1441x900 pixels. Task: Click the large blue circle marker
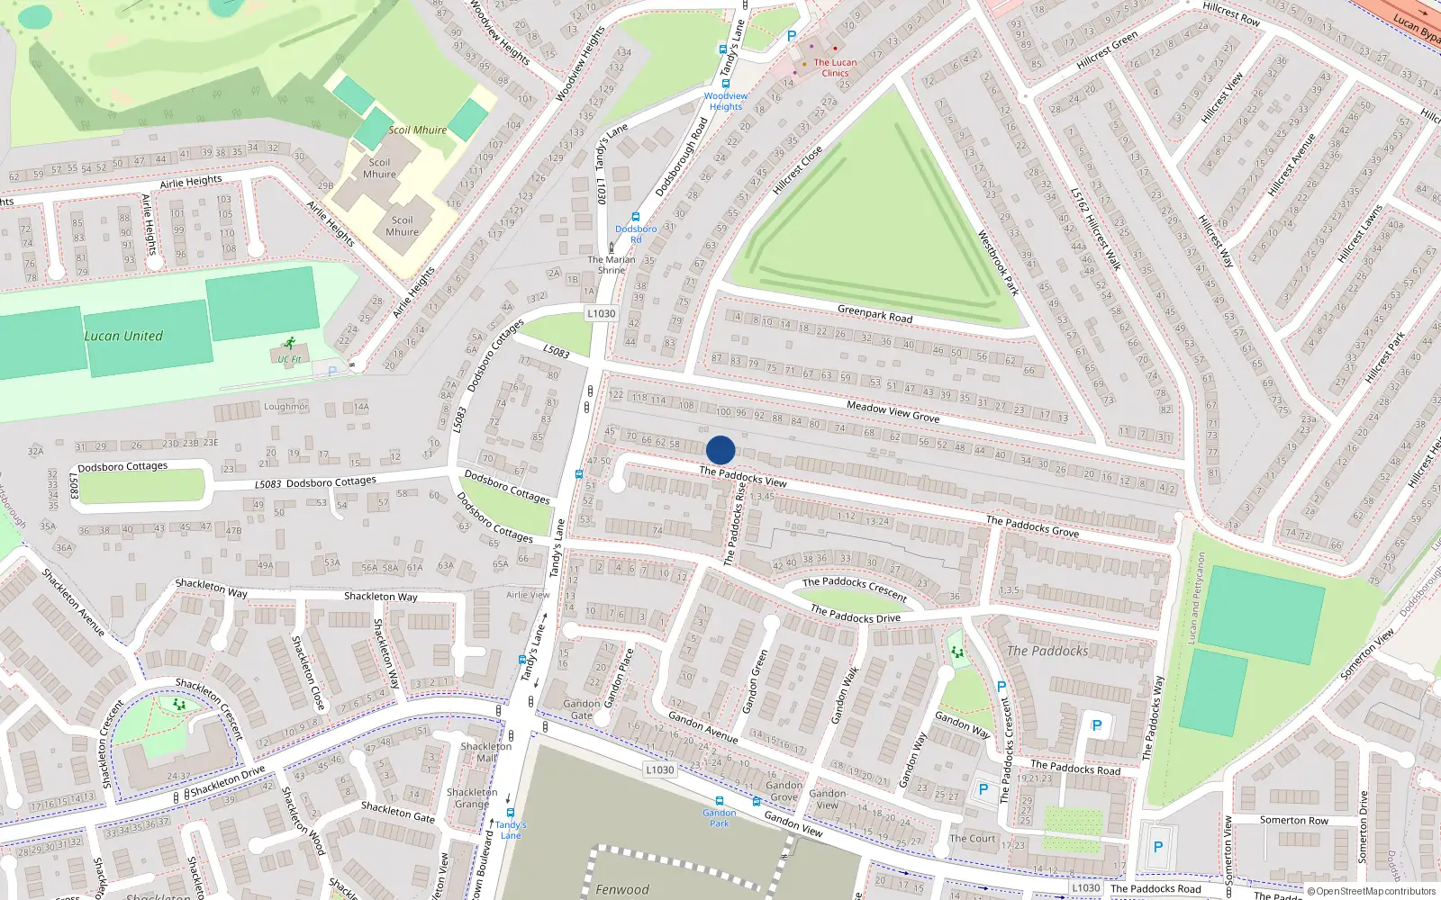[720, 450]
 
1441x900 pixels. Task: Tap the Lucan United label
[123, 337]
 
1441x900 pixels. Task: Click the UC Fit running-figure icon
[289, 344]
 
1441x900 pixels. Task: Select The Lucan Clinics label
[835, 67]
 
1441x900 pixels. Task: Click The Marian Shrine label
[612, 265]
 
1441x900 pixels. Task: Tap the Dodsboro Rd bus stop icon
[636, 217]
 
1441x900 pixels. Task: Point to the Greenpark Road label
[875, 314]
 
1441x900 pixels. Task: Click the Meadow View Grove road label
[893, 412]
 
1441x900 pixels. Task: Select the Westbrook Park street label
[998, 263]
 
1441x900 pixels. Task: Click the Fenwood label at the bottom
[621, 889]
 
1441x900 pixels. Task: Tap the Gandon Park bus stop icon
[719, 801]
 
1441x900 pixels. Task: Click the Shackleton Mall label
[486, 752]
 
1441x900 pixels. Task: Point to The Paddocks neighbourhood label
[1047, 651]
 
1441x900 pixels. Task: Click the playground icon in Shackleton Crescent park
[179, 705]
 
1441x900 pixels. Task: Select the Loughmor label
[285, 407]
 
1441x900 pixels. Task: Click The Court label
[973, 838]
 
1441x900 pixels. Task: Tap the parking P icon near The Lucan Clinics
[792, 36]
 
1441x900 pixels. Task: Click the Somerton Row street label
[1293, 820]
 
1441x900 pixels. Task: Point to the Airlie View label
[528, 595]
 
